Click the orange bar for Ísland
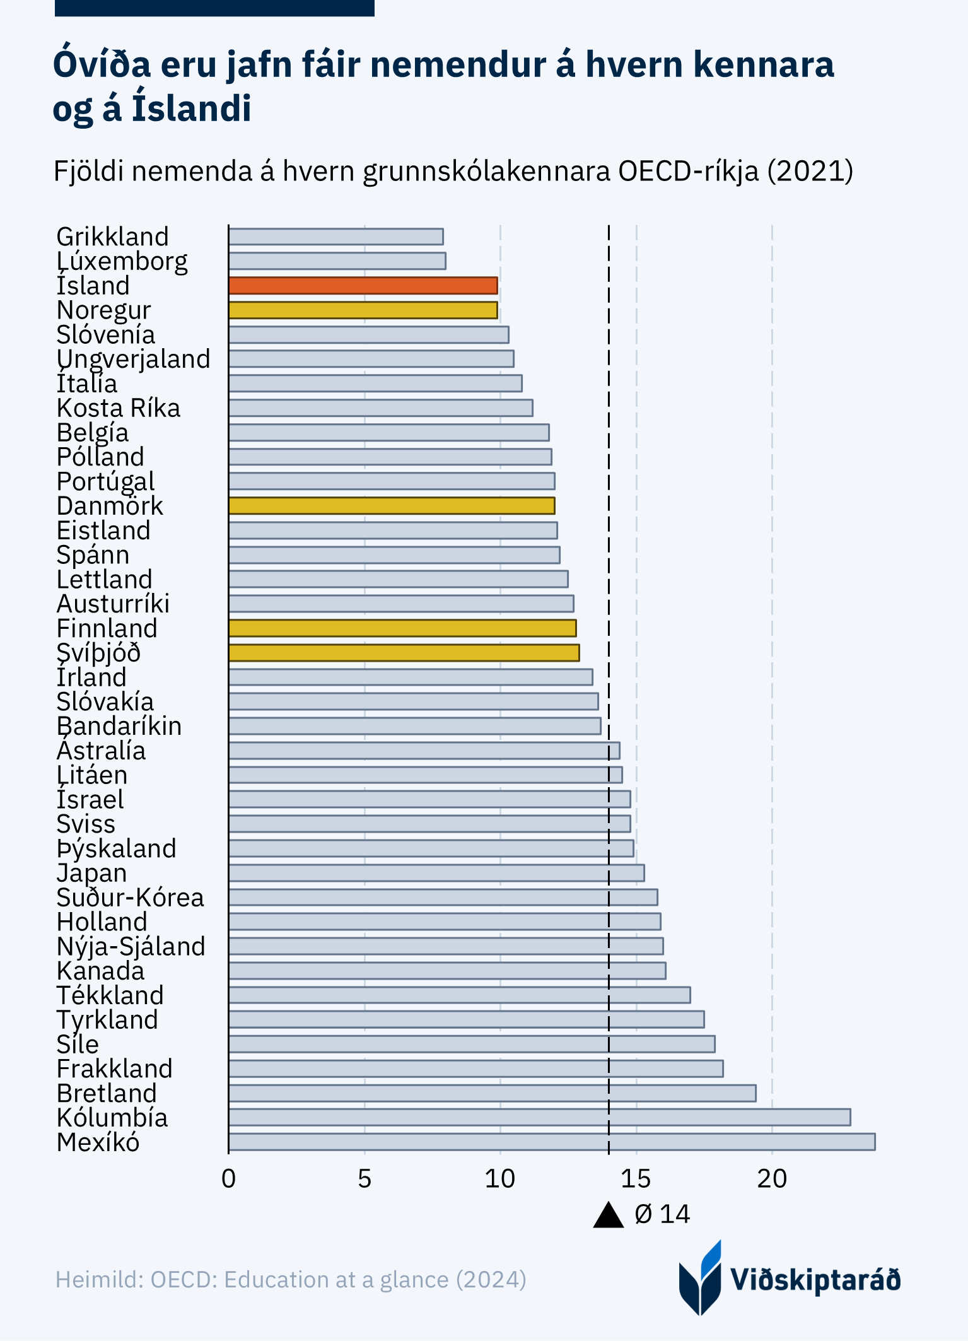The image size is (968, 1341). tap(363, 286)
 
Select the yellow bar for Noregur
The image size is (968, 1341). tap(363, 310)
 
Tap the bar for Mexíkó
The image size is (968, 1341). tap(551, 1142)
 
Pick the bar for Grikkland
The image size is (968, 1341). tap(335, 237)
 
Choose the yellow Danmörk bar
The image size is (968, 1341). tap(391, 506)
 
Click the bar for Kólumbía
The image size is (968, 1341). tap(539, 1117)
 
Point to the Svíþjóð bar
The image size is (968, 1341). tap(404, 653)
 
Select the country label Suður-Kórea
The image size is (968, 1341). tap(130, 898)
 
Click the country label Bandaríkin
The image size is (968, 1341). tap(119, 726)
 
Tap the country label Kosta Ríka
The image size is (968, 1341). tap(118, 408)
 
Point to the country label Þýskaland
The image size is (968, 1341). tap(116, 848)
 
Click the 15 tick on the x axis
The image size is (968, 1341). tap(636, 1179)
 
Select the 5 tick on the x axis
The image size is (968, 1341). tap(364, 1179)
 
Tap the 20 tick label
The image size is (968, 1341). tap(771, 1179)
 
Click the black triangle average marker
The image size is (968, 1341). tap(609, 1215)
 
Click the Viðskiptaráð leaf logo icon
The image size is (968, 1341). tap(700, 1279)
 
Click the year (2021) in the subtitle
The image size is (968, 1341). tap(810, 171)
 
